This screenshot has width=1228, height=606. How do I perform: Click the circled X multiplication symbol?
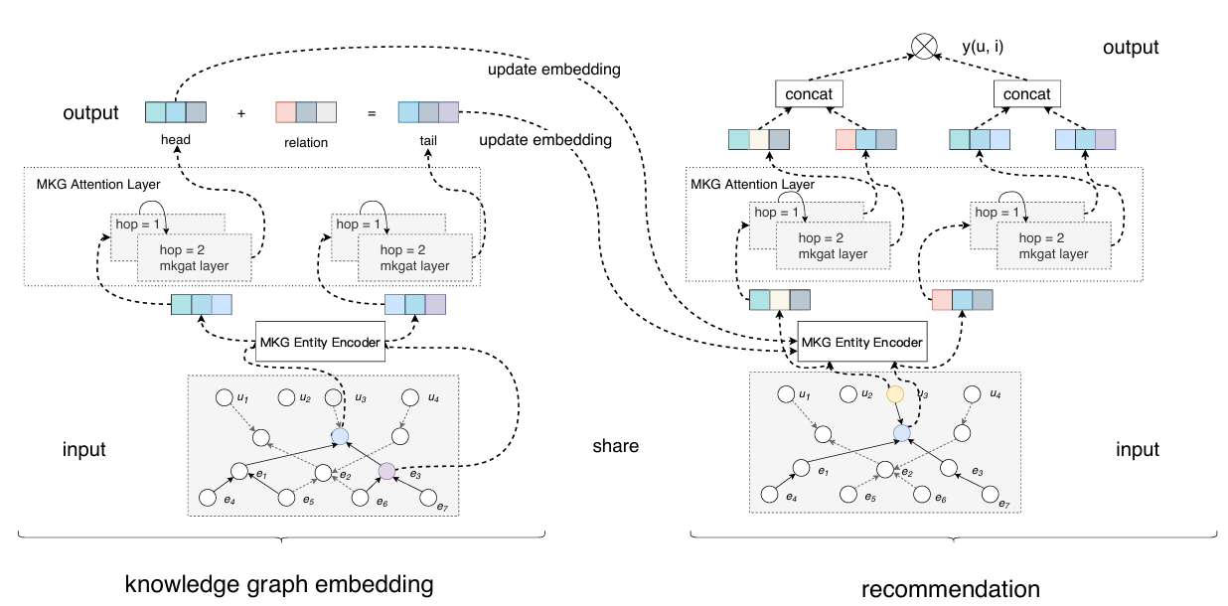click(925, 48)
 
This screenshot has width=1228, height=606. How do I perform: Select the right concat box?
click(1027, 94)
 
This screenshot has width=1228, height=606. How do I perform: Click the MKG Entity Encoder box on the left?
click(320, 344)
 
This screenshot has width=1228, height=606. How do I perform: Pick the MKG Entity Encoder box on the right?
click(861, 342)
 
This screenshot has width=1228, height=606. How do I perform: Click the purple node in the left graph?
click(386, 471)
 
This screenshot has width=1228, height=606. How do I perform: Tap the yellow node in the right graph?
click(894, 394)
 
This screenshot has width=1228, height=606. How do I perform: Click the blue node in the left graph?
click(340, 435)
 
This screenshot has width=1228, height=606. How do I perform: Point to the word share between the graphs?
click(615, 447)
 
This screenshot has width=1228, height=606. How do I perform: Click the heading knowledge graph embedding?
click(279, 584)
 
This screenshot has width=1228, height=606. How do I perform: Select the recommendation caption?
click(950, 589)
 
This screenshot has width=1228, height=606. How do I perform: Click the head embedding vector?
click(176, 112)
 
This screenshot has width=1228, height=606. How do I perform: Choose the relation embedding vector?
click(305, 112)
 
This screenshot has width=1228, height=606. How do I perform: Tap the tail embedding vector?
click(428, 112)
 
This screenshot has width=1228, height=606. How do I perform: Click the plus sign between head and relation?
click(240, 113)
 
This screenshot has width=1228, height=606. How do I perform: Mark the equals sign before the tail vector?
click(372, 113)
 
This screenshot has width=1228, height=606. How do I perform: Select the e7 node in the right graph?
click(990, 493)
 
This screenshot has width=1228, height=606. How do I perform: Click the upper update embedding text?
click(554, 70)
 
